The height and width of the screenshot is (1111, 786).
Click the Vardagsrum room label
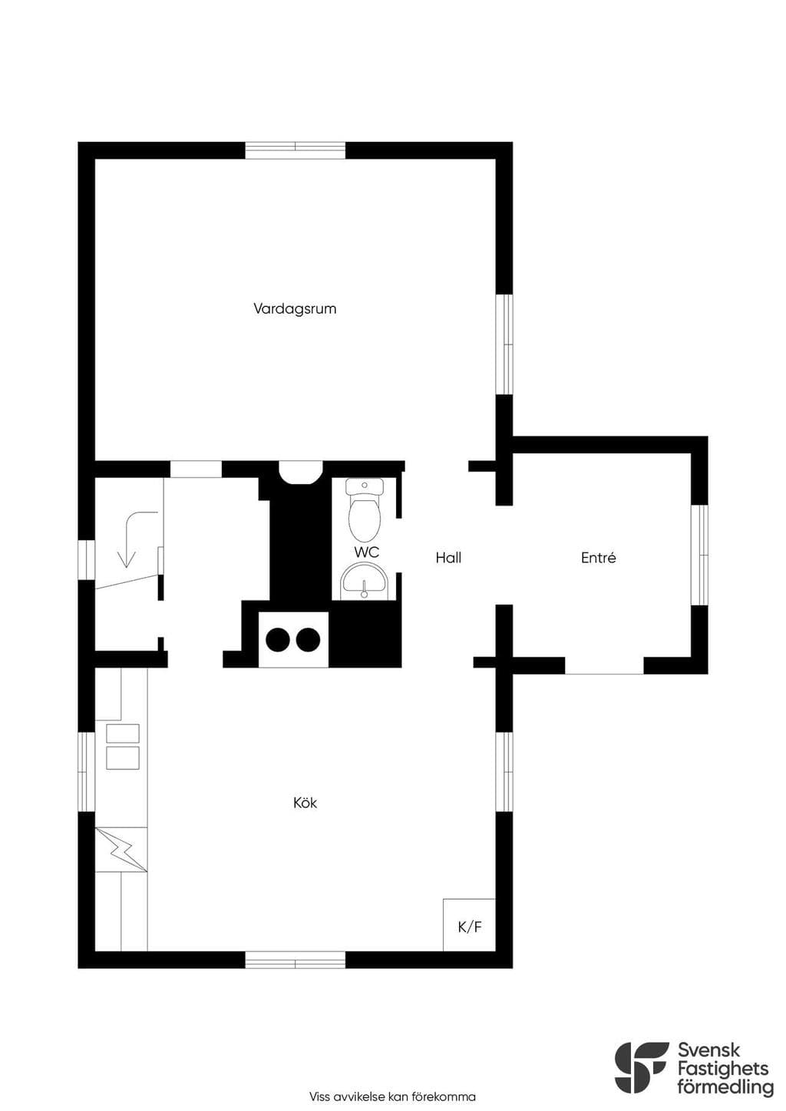tap(295, 309)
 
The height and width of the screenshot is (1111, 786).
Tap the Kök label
tap(305, 803)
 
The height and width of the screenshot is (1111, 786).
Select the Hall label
tap(448, 558)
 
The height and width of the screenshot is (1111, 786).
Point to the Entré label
tap(599, 558)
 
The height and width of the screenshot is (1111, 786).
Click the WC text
tap(367, 552)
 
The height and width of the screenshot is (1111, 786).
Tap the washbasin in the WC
tap(365, 582)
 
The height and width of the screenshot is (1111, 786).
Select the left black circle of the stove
tap(278, 640)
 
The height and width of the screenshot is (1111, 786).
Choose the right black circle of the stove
tap(308, 640)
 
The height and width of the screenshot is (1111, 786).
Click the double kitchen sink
tap(123, 747)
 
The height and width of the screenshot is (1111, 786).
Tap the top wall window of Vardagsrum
tap(296, 150)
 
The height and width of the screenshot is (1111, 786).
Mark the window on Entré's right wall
tap(700, 555)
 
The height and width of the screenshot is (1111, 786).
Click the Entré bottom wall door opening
tap(604, 666)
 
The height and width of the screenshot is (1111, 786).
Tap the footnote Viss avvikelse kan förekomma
tap(392, 1096)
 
